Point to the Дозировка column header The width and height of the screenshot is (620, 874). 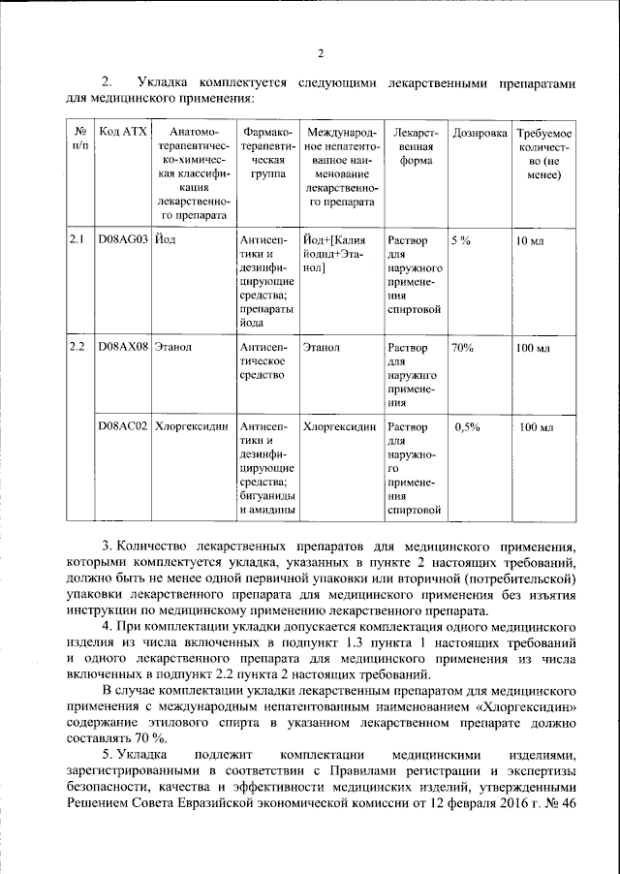point(480,132)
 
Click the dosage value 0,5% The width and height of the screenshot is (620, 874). point(468,426)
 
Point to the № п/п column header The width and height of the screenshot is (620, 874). point(77,139)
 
